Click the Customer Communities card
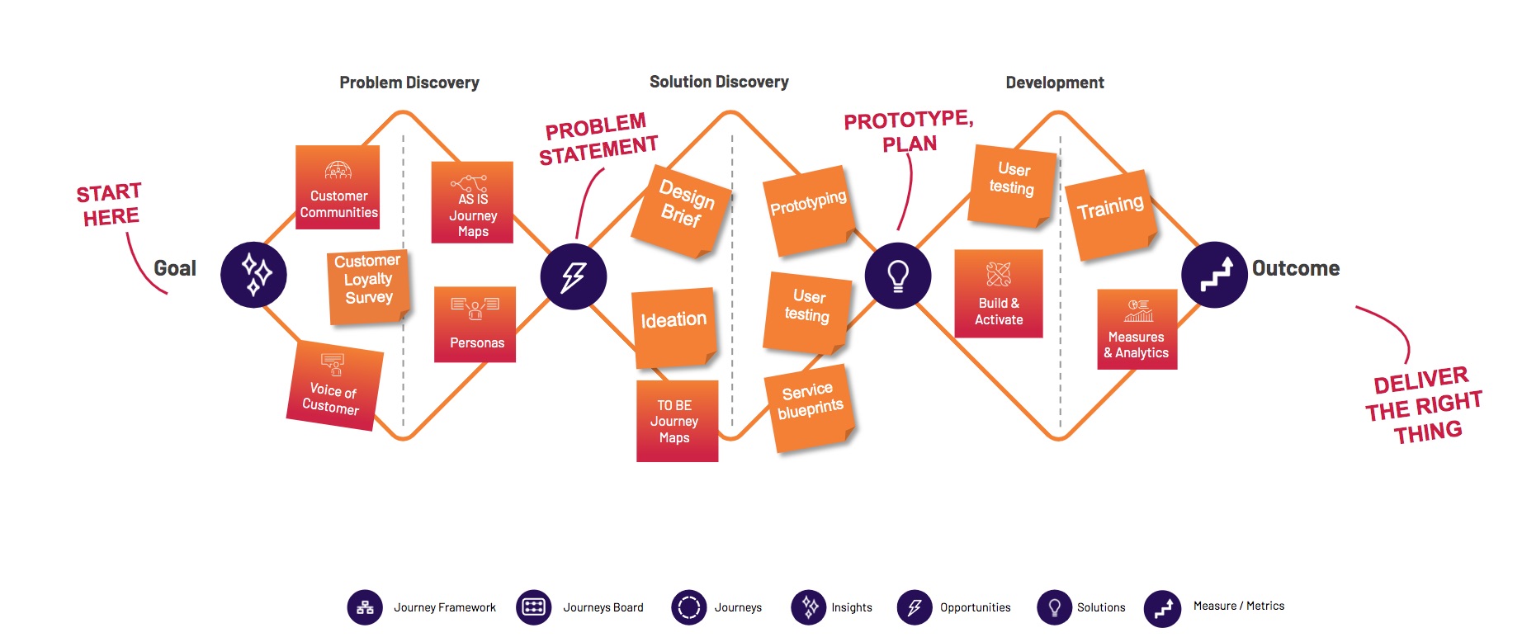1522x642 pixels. point(338,187)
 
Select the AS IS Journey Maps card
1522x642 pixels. point(472,202)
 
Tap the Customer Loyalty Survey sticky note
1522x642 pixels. point(367,286)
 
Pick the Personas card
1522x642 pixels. point(475,324)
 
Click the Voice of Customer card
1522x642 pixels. point(333,385)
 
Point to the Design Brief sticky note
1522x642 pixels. point(683,210)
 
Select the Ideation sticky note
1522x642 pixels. point(674,326)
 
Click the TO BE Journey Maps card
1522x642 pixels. point(677,421)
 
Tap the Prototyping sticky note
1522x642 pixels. point(809,211)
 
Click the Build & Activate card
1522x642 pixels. point(999,294)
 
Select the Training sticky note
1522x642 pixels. point(1109,215)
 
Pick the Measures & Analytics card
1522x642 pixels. point(1137,329)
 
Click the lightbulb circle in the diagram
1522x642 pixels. point(898,276)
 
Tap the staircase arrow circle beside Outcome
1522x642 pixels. point(1214,275)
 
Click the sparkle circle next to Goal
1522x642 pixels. point(253,275)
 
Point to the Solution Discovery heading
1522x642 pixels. point(719,82)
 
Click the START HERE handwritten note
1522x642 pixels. point(110,205)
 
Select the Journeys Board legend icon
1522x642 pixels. point(533,607)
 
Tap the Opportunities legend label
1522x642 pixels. point(975,607)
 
